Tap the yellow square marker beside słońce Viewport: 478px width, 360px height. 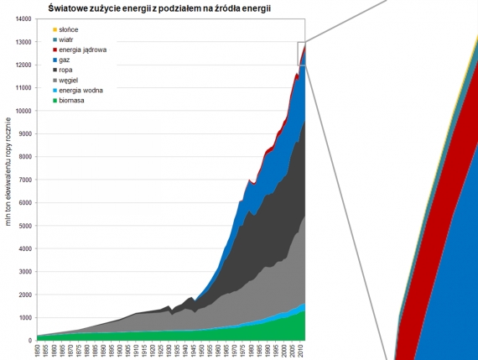pos(44,29)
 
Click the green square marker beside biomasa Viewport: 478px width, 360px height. pos(44,100)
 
